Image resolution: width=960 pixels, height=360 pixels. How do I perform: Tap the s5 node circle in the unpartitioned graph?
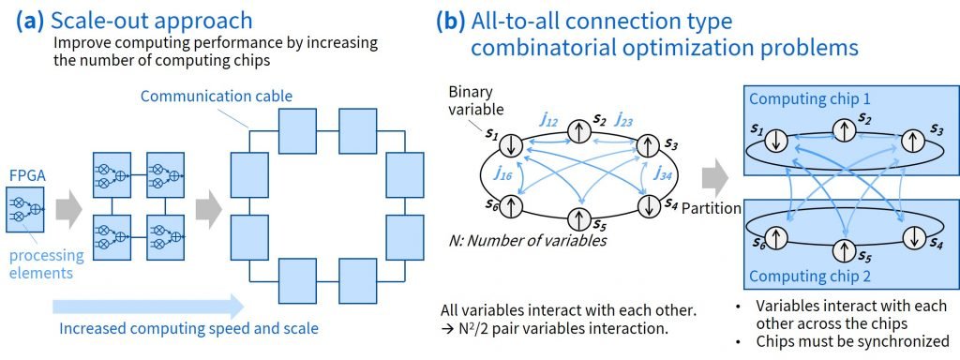coord(579,218)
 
